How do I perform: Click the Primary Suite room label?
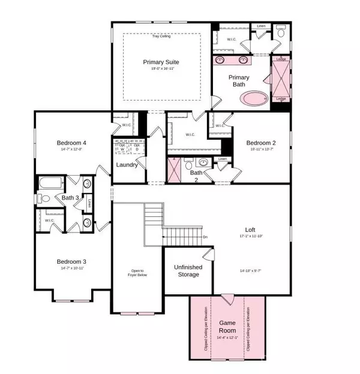point(161,62)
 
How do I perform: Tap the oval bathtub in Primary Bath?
point(248,99)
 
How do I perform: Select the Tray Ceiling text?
point(161,37)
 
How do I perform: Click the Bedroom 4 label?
point(72,143)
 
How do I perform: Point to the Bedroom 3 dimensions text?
point(72,269)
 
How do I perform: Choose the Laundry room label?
point(127,165)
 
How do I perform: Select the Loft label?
point(250,229)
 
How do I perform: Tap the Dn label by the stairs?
point(205,236)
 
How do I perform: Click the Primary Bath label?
point(239,81)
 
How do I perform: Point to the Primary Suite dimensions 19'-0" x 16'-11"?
point(161,69)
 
